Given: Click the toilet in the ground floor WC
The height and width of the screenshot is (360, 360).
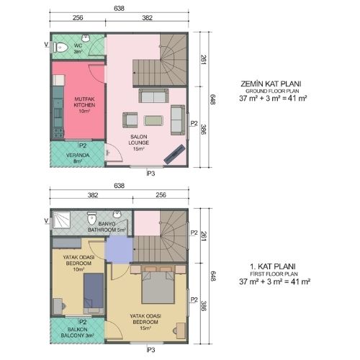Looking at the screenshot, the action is [60, 48].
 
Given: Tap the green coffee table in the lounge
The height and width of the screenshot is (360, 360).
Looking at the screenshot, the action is [153, 120].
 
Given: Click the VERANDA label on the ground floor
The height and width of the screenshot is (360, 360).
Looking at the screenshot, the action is [78, 156].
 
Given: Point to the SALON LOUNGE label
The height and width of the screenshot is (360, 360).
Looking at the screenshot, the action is [139, 143].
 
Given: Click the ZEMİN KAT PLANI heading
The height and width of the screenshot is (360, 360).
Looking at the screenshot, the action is [271, 84].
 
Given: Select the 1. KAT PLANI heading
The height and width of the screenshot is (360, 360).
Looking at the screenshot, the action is [273, 266].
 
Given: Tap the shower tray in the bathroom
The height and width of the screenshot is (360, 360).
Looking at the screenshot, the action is [61, 220].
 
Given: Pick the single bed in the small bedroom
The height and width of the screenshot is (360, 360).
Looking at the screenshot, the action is [94, 293].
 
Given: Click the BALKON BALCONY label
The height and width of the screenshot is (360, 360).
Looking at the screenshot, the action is [77, 332].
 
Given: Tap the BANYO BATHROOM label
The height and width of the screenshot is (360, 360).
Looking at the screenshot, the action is [107, 227].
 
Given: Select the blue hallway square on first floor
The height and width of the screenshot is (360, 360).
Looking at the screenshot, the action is [120, 249].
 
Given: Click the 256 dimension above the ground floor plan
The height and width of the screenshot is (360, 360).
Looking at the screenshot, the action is [78, 17].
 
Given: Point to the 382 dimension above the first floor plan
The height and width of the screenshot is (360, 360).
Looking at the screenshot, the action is [93, 195].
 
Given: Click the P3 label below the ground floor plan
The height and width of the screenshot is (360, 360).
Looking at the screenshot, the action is [151, 174].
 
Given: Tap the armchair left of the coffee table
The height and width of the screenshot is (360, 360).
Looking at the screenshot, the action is [130, 120].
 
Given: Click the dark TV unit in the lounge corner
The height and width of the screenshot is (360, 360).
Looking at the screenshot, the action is [174, 154].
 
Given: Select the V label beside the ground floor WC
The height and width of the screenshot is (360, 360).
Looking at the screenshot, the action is [47, 45].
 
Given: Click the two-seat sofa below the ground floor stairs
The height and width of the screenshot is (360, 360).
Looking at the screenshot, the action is [153, 96].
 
